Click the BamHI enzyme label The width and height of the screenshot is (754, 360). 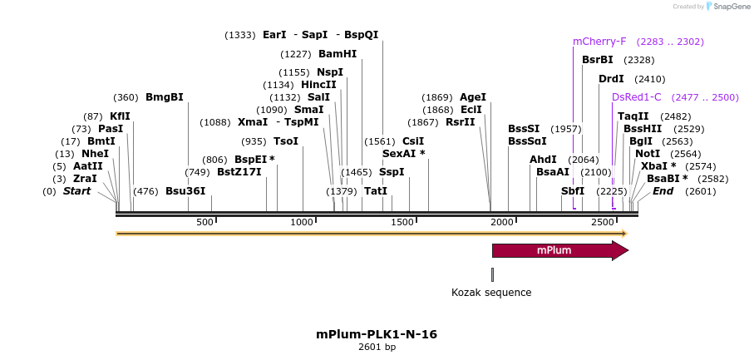(338, 53)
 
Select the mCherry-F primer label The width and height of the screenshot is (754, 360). (599, 42)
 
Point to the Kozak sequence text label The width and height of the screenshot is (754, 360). (490, 293)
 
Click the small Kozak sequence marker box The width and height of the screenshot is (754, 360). (492, 274)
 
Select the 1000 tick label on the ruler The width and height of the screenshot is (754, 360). (302, 223)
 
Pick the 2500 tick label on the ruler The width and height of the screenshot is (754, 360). (602, 223)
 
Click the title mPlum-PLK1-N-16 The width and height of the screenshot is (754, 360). (377, 334)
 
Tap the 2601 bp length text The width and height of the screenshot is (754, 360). (377, 347)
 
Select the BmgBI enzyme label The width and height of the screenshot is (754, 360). (164, 97)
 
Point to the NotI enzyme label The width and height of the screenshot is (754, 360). (647, 154)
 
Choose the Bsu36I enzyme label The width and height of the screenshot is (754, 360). (185, 191)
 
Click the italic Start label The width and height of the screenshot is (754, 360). (76, 191)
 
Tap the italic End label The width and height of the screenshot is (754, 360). (663, 191)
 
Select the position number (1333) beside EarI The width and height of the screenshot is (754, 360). (240, 35)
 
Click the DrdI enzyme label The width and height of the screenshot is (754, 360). (611, 79)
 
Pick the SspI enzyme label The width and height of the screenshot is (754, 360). (392, 172)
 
